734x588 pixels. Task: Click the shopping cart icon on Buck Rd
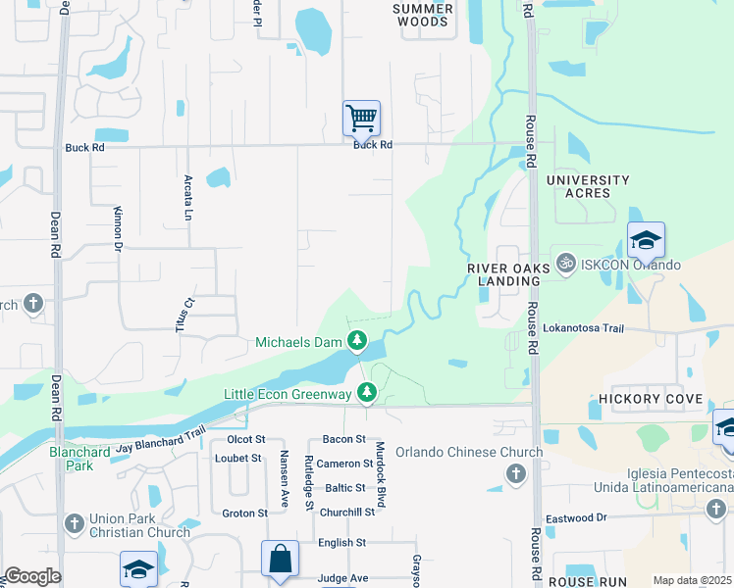coord(361,119)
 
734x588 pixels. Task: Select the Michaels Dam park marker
coord(358,342)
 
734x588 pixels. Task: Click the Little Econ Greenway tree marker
coord(367,393)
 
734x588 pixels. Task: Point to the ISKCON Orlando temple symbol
coord(564,265)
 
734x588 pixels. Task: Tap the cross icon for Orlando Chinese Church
coord(515,474)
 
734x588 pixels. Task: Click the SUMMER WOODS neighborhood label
coord(423,15)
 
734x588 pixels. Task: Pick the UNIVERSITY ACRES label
coord(588,186)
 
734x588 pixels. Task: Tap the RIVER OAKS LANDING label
coord(503,273)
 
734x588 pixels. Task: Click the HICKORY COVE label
coord(652,399)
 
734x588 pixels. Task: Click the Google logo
coord(32,576)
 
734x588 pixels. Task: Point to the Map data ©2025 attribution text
coord(692,580)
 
